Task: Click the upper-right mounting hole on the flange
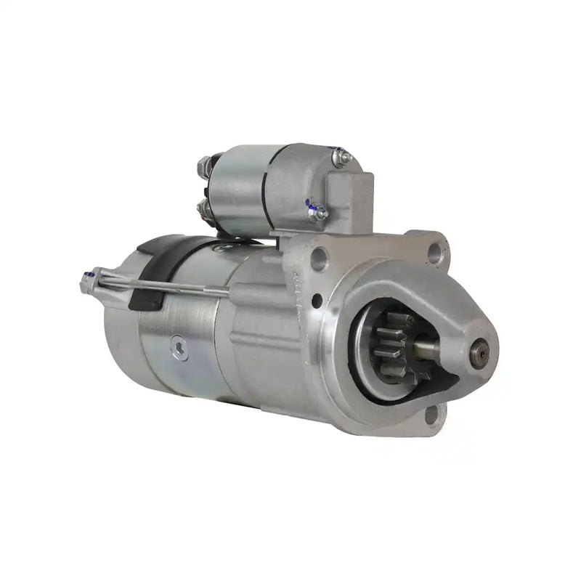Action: tap(434, 251)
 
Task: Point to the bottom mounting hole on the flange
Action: tap(431, 415)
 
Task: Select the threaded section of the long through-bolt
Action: tap(211, 292)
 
